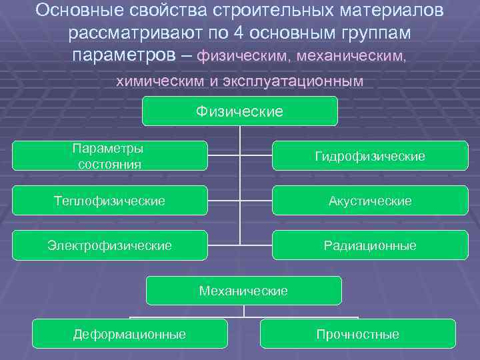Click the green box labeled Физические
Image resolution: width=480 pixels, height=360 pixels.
[240, 111]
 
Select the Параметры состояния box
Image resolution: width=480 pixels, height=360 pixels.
[109, 156]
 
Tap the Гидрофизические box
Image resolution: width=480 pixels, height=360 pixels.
[370, 156]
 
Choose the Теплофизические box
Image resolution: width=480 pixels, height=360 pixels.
[109, 200]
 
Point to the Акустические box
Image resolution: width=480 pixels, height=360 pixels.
[370, 201]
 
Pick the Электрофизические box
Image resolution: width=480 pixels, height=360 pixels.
[109, 245]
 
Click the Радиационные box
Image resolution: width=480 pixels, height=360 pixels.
[370, 245]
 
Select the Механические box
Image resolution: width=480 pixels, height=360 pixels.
[243, 291]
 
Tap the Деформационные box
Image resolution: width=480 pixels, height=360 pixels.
[129, 334]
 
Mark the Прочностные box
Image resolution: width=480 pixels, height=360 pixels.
[358, 334]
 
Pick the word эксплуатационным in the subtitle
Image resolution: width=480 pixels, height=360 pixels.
[299, 81]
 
